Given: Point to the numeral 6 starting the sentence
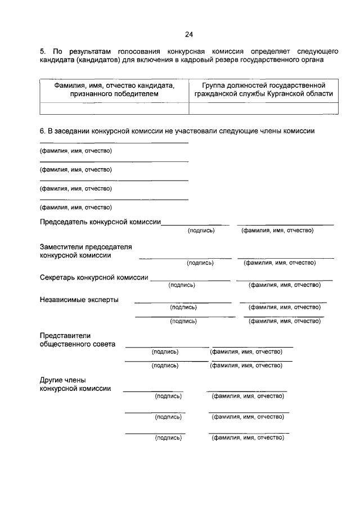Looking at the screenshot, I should pos(42,131).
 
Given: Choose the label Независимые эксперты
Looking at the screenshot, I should pos(79,300).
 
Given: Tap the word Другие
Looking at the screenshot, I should pos(53,380).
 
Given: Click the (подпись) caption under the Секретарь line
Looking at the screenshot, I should pos(182,285).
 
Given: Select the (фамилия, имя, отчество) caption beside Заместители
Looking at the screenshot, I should pos(279,263).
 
